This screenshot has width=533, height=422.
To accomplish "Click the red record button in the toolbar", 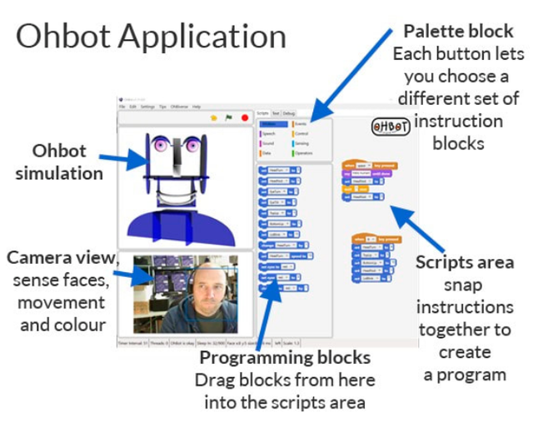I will point(245,118).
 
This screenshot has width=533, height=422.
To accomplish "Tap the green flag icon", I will point(229,118).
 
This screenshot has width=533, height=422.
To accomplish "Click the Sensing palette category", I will point(301,143).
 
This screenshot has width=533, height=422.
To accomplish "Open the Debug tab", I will point(288,112).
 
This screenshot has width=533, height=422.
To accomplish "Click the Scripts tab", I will point(262,112).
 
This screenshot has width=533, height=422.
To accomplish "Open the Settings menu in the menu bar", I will point(147,107).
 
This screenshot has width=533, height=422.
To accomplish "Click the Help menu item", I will point(197,107).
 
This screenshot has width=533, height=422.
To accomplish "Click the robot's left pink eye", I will point(156,147).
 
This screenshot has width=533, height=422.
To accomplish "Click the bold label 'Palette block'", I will point(458,32).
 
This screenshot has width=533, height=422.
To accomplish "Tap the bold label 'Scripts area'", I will point(466,262).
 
